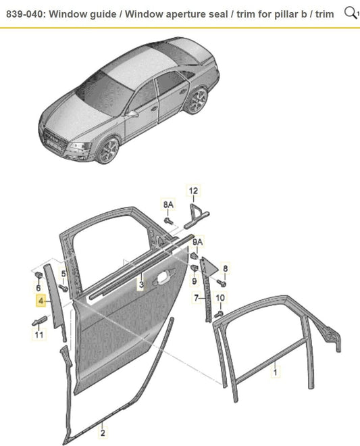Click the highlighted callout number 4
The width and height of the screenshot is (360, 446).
pos(41,300)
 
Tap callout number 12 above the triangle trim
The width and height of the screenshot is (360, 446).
pos(193,191)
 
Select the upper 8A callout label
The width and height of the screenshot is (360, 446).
pos(168,205)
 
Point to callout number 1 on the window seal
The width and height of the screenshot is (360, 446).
pos(275,372)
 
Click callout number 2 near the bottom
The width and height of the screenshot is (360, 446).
pos(103,432)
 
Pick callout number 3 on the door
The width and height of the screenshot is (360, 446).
pos(141,284)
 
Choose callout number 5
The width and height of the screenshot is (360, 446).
pos(63,274)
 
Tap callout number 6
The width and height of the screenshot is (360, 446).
pos(38,288)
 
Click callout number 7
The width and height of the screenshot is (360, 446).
pos(196,298)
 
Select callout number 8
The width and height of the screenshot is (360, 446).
pos(225,268)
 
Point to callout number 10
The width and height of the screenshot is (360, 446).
pos(220,298)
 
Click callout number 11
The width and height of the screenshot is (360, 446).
pos(39,334)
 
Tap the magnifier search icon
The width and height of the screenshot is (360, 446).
pos(351,13)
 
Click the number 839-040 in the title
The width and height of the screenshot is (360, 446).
pos(25,14)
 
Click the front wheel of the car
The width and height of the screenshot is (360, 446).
pos(108,150)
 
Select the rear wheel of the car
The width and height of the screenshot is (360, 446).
pos(198,101)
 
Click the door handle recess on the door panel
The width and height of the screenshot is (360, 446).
pos(161,278)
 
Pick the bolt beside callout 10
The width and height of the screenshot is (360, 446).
pos(218,314)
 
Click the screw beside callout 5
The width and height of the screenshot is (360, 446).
pos(63,288)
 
